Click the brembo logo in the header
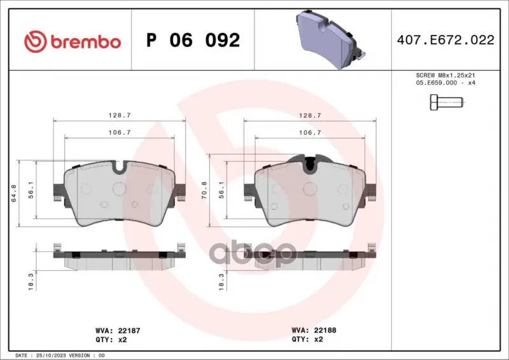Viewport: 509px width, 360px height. tap(73, 41)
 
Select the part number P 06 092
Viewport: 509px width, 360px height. tap(193, 40)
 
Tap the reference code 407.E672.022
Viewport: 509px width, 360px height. tap(446, 40)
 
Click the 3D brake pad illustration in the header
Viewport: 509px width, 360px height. tap(331, 39)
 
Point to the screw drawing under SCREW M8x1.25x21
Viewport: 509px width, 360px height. tap(447, 102)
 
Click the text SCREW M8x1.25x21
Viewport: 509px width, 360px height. tap(445, 75)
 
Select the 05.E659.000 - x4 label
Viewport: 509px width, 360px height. tap(445, 83)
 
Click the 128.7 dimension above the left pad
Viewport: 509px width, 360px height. tap(120, 115)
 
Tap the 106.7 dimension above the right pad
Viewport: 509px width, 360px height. tap(310, 132)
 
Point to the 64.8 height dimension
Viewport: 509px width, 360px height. tap(14, 193)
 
